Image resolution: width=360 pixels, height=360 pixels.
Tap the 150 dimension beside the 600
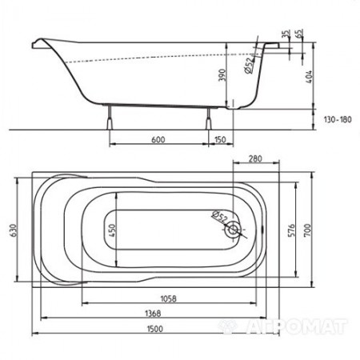218,141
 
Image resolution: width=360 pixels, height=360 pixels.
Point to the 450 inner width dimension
112,231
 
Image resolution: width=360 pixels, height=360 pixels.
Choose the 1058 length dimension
162,297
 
